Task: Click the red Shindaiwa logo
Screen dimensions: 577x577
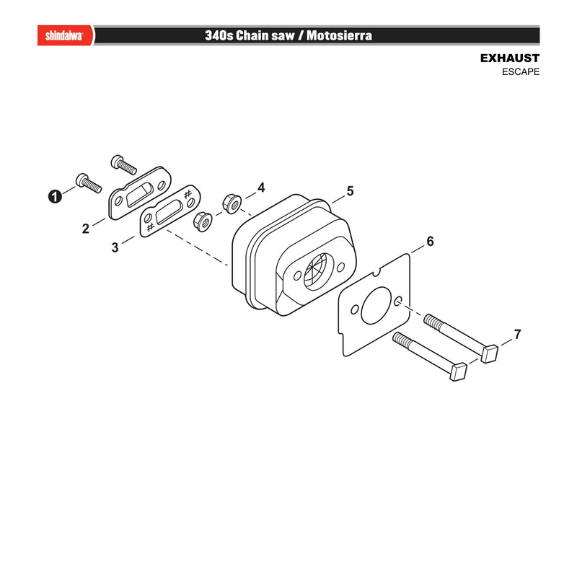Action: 65,35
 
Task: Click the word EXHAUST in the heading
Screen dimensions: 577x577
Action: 510,58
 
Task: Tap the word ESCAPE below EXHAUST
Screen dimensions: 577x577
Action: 521,71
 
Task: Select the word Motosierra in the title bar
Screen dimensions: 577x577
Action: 339,35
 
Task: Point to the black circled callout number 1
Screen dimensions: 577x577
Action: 55,196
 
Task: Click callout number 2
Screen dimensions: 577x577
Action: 85,229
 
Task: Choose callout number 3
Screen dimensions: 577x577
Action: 115,247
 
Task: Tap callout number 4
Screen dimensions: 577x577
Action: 261,188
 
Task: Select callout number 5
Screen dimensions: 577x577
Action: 350,191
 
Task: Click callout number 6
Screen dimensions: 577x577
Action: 430,242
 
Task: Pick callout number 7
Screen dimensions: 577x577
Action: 517,335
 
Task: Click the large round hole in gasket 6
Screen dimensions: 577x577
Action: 375,306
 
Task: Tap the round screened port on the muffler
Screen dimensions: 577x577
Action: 317,272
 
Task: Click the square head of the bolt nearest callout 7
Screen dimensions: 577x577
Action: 490,353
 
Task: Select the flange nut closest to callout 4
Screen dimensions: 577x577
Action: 232,204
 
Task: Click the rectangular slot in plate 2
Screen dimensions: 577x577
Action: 139,195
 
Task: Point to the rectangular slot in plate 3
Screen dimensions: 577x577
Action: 169,212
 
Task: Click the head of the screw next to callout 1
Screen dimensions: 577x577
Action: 82,180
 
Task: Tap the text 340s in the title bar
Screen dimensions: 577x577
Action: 219,35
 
